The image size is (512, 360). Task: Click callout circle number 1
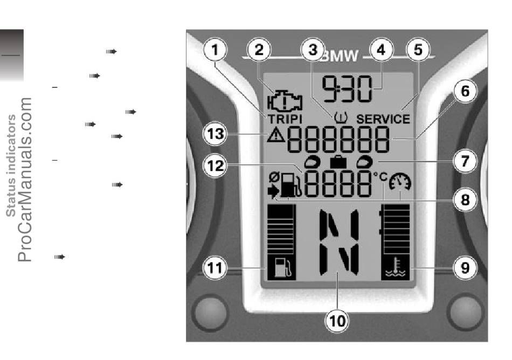coord(215,50)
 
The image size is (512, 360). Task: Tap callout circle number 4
coord(381,50)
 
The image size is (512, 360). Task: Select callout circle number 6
coord(465,91)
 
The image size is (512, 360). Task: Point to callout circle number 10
coord(337,321)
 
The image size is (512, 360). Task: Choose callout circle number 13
coord(215,134)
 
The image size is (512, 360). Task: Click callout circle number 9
coord(465,268)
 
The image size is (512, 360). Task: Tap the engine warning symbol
coord(285,101)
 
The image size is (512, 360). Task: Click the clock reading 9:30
coord(347,88)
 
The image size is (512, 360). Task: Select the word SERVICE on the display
coord(383,119)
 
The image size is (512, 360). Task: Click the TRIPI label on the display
coord(285,119)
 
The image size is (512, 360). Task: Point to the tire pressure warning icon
coord(341,117)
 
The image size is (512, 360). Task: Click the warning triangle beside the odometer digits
coord(275,134)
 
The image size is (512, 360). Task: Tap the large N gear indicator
coord(338,242)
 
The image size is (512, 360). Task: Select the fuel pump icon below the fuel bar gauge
coord(281,267)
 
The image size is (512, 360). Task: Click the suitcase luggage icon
coord(338,162)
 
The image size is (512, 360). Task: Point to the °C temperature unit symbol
coord(380,177)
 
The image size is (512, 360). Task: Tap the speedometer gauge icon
coord(400,182)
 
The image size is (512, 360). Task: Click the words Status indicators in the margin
coord(11,165)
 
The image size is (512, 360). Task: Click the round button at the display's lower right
coord(466,311)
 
